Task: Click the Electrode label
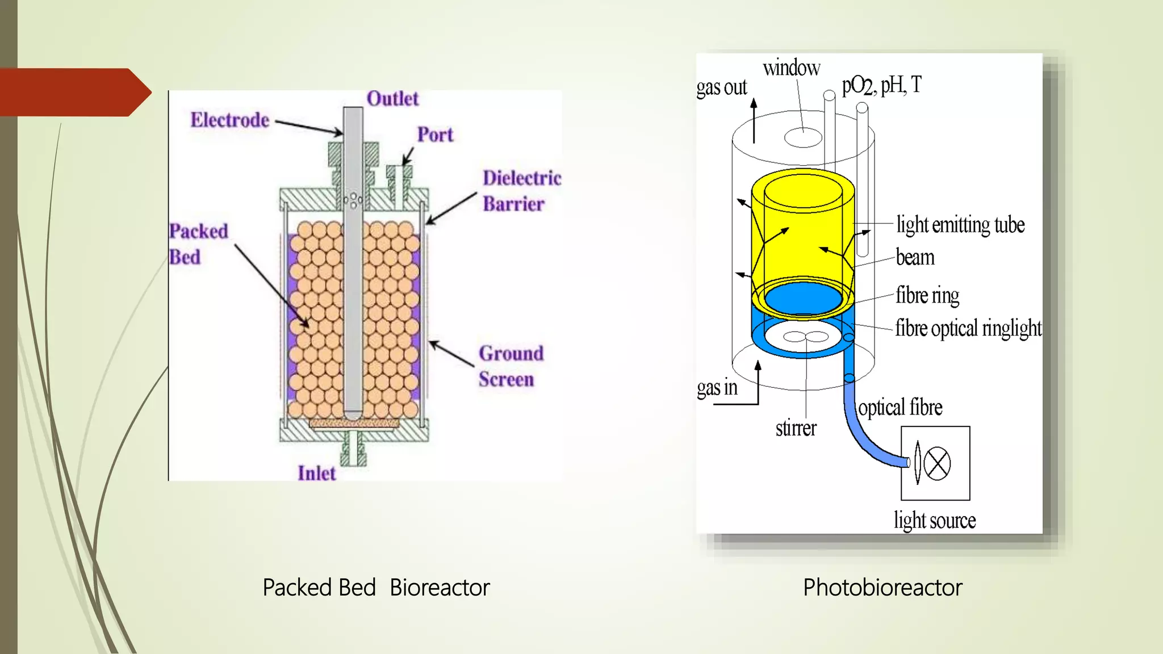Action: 229,120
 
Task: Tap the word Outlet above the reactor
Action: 392,99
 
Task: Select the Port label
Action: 435,135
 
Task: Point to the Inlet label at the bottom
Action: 316,473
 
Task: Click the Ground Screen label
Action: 510,366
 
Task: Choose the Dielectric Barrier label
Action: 521,191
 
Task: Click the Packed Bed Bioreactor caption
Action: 375,588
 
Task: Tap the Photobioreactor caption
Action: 882,588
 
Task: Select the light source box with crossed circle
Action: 935,463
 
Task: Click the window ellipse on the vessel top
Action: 803,137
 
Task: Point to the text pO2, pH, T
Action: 881,86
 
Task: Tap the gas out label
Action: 721,87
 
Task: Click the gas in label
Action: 717,388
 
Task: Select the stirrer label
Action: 796,428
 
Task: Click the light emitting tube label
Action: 960,225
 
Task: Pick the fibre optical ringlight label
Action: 968,328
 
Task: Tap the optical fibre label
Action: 900,408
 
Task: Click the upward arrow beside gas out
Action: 754,120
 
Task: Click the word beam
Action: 915,257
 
